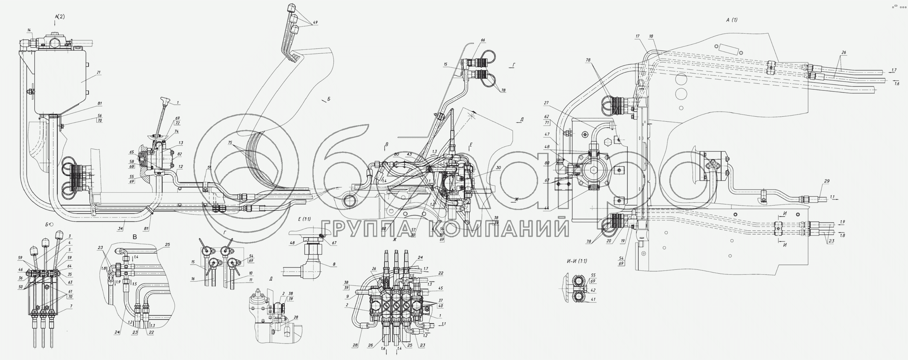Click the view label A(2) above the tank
pos(60,17)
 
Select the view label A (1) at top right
pos(731,20)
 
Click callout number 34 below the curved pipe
pos(120,228)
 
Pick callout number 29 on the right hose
pos(827,181)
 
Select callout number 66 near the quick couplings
pos(483,40)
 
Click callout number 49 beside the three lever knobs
pos(315,22)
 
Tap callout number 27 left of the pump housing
pos(546,103)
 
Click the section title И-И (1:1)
pos(577,261)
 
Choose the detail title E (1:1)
pos(304,219)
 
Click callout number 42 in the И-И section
pos(593,290)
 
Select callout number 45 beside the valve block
pos(440,288)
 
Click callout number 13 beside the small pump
pos(181,143)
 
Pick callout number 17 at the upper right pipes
pos(638,36)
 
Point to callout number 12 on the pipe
pos(180,166)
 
